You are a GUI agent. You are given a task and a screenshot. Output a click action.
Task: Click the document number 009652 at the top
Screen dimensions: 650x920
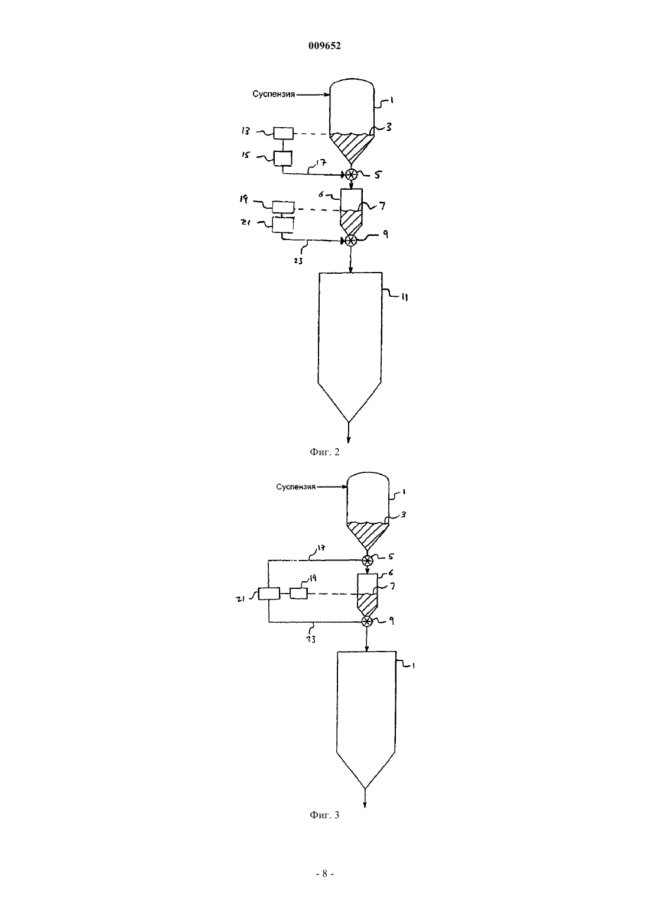[324, 46]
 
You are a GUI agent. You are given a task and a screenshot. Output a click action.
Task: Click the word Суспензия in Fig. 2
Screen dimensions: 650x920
[274, 95]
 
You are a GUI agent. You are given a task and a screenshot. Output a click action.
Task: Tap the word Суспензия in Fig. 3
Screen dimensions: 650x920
[296, 487]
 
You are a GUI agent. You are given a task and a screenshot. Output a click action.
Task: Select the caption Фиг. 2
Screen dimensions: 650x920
[324, 452]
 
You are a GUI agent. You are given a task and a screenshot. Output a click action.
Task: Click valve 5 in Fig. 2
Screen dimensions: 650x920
[351, 175]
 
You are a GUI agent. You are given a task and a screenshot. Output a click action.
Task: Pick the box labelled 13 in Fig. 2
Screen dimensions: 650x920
[284, 134]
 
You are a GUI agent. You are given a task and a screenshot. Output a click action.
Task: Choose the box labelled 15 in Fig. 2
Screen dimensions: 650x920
[282, 158]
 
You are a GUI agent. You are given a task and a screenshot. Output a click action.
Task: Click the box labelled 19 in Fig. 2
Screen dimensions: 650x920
[284, 208]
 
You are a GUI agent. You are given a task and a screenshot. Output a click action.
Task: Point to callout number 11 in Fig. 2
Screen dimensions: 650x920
[404, 298]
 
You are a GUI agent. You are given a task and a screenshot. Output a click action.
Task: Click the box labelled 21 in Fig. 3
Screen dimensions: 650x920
[269, 594]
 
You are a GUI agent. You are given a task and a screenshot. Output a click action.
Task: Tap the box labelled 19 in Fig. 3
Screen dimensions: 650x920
[299, 594]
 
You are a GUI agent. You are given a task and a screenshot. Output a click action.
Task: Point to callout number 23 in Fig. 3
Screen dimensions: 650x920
[311, 639]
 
